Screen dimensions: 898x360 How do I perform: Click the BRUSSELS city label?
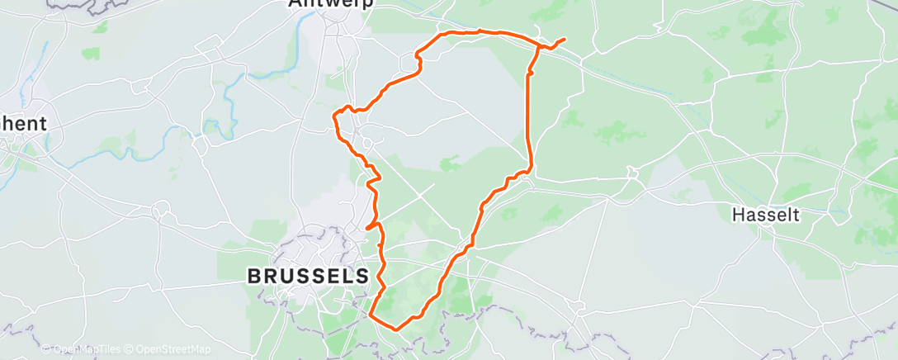309,275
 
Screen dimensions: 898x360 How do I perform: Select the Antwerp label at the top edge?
331,3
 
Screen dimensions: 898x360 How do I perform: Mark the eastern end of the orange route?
565,39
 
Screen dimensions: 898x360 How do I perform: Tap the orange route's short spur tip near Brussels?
366,227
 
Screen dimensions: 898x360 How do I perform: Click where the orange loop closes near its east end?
539,48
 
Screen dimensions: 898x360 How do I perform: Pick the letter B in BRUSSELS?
255,275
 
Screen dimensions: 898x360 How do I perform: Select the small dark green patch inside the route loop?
450,163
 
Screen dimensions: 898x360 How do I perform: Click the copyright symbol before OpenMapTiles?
46,349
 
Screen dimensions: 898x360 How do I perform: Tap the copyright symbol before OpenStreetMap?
130,349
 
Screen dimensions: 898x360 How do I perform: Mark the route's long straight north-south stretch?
529,116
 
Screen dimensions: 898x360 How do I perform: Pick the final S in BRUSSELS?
362,275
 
